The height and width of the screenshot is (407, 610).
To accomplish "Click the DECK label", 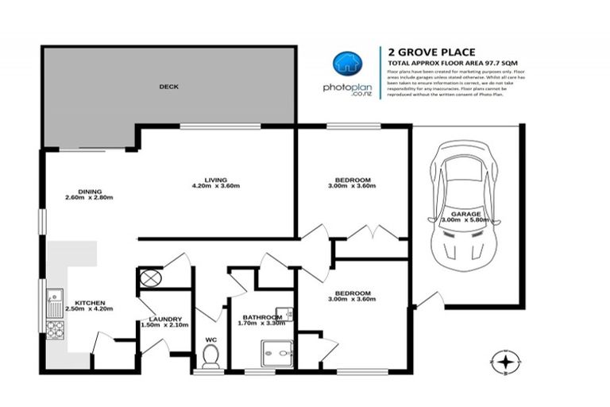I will pos(168,86).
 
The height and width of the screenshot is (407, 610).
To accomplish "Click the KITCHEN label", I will pos(90,303).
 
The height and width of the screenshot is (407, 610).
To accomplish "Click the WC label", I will pos(210,340).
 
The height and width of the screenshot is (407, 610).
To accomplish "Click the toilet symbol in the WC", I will pos(210,359).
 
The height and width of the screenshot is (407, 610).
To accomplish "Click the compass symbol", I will pos(503,361).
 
